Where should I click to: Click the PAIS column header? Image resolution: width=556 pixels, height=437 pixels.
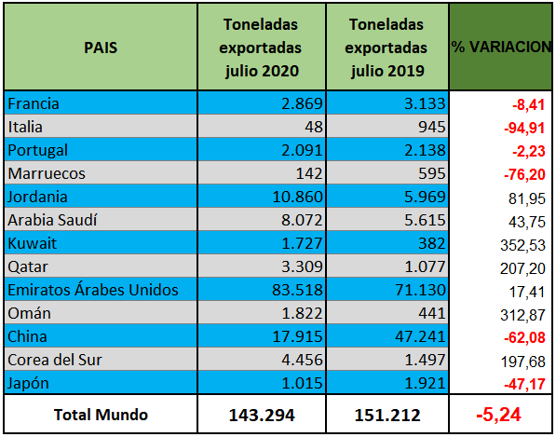tap(101, 48)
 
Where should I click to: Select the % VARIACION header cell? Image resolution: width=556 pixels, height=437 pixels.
tap(501, 47)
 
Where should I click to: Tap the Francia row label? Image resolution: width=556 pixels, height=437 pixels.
tap(34, 104)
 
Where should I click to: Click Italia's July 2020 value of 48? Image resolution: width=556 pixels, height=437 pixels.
tap(314, 127)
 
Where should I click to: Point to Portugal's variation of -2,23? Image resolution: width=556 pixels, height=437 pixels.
tap(528, 151)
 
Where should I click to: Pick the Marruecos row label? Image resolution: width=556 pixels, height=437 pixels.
tap(47, 174)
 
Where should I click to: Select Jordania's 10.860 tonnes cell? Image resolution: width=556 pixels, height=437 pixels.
tap(298, 197)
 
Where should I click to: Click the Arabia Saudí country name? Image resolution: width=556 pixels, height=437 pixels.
tap(52, 220)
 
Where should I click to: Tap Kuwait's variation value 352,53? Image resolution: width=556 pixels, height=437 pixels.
tap(522, 245)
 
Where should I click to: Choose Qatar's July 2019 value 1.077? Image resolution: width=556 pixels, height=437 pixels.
tap(425, 266)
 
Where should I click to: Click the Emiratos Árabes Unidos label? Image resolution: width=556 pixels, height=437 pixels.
tap(93, 290)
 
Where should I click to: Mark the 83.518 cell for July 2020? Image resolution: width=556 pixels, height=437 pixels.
tap(298, 290)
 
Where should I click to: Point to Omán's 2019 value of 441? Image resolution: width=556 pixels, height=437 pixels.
tap(431, 313)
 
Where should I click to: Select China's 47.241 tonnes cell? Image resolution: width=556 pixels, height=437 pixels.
tap(420, 336)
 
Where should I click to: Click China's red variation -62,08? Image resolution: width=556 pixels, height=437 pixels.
tap(524, 337)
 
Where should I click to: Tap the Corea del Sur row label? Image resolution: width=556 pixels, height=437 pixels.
tap(55, 360)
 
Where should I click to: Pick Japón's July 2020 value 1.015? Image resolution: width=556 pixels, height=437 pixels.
tap(302, 383)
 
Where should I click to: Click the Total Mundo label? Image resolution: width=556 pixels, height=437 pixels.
tap(101, 415)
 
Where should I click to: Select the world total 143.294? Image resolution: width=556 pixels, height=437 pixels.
tap(262, 415)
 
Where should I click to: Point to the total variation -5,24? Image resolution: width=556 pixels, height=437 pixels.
tap(498, 415)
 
